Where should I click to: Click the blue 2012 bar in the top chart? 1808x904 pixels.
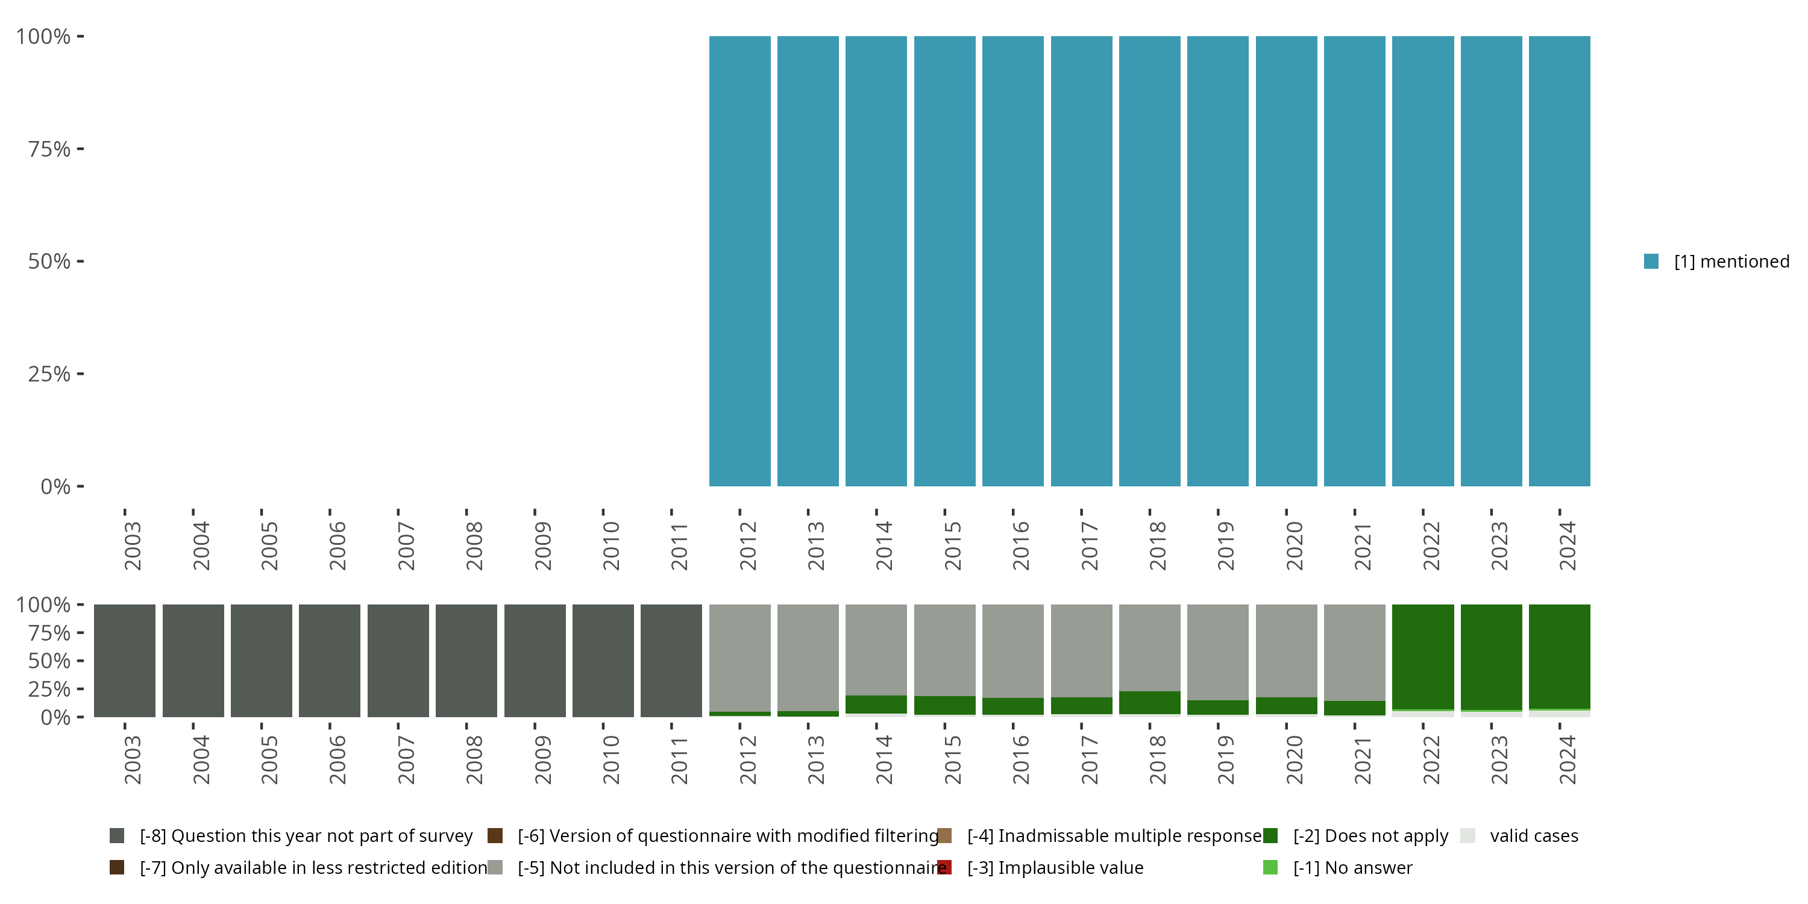coord(739,261)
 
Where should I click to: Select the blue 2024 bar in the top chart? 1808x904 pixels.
coord(1559,261)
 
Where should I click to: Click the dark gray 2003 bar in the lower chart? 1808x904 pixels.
coord(125,661)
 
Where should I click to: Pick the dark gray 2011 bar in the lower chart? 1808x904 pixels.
coord(671,661)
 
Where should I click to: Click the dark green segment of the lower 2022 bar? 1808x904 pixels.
coord(1423,656)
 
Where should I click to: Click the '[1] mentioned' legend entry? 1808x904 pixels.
coord(1731,262)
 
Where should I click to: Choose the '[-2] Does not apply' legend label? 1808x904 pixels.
coord(1370,836)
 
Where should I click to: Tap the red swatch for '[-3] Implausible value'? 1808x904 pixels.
coord(945,867)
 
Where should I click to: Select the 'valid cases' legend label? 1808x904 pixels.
coord(1534,836)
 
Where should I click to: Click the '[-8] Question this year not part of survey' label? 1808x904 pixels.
coord(306,836)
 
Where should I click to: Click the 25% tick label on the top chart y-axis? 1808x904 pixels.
coord(49,374)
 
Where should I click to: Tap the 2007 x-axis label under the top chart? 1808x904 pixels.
coord(406,545)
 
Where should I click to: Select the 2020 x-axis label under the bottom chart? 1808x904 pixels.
coord(1293,759)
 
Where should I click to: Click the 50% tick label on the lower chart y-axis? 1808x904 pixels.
coord(49,661)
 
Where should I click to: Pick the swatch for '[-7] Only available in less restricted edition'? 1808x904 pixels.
coord(117,867)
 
